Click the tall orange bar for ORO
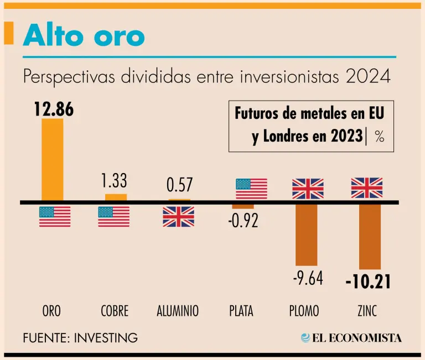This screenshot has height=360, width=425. [53, 159]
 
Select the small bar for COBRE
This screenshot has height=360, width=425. [116, 197]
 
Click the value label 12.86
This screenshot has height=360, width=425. [53, 109]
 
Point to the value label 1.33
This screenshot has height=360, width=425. [115, 180]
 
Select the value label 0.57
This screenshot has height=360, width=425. [179, 185]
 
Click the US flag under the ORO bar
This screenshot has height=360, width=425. [55, 216]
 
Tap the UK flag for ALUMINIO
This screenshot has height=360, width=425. [178, 216]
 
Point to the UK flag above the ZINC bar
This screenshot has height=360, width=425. [367, 188]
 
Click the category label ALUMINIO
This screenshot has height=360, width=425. [178, 311]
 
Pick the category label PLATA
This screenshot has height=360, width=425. [241, 311]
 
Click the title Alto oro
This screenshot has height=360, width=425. [84, 36]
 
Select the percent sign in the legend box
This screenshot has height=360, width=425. [379, 137]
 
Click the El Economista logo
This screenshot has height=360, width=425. [351, 337]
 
